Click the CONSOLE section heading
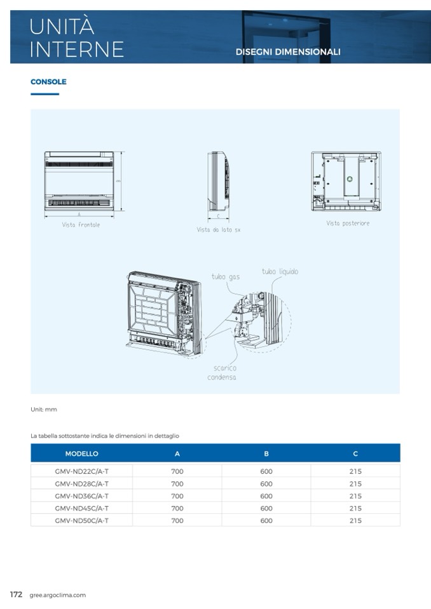click(x=48, y=82)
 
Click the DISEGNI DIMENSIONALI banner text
click(x=288, y=52)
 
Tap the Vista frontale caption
click(x=81, y=225)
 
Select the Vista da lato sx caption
click(x=218, y=230)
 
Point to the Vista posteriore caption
click(x=348, y=224)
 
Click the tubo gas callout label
click(x=226, y=277)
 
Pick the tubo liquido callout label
click(x=280, y=272)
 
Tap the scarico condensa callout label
click(x=222, y=373)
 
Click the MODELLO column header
click(x=81, y=453)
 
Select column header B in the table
click(x=266, y=453)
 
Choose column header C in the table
click(x=355, y=453)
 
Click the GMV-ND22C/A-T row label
click(x=81, y=471)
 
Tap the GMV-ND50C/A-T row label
click(x=81, y=521)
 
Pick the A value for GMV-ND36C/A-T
click(x=177, y=496)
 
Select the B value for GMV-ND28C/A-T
click(x=266, y=484)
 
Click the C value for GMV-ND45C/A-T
click(x=355, y=509)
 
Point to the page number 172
click(x=17, y=594)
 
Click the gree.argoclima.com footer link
click(x=57, y=595)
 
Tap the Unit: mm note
click(x=44, y=410)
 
